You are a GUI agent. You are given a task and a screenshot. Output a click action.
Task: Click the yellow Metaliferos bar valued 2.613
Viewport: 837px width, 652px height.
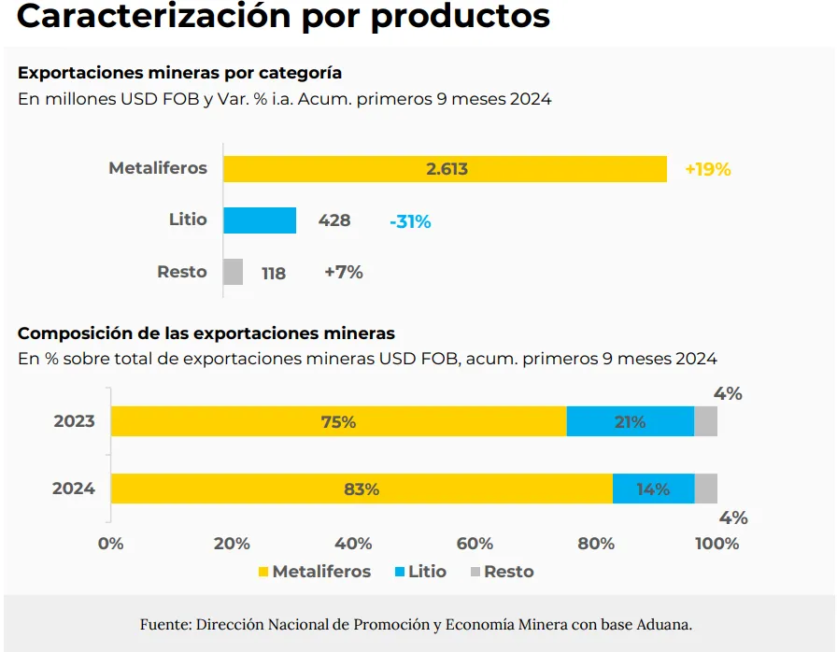[445, 169]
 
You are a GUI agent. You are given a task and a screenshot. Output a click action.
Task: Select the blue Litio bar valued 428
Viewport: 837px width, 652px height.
[260, 220]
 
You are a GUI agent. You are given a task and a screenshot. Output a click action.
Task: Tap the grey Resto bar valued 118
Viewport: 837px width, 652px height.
[234, 272]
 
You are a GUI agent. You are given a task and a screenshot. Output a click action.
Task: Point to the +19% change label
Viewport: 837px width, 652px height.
[707, 169]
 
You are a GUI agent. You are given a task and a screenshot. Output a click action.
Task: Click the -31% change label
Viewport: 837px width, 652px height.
[410, 221]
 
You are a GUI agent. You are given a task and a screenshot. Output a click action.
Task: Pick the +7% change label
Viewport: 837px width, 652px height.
[343, 273]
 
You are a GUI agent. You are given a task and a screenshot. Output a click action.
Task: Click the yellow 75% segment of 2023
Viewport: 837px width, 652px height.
[338, 421]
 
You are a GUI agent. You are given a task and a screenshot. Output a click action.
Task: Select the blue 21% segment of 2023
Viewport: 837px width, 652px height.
[630, 421]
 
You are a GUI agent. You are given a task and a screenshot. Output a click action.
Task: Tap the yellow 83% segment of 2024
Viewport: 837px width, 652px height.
[362, 489]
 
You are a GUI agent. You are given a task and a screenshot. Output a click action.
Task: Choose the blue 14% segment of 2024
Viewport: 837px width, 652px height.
[653, 489]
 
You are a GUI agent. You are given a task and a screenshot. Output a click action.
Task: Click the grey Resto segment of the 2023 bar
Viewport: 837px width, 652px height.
[705, 421]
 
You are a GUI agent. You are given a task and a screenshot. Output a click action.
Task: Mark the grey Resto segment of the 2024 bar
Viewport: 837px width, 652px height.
[705, 489]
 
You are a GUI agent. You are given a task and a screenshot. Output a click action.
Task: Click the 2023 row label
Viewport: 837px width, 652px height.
[74, 421]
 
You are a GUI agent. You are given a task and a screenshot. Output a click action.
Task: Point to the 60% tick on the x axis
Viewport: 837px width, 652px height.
[475, 544]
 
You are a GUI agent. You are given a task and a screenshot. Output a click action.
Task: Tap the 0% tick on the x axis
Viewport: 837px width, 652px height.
[111, 544]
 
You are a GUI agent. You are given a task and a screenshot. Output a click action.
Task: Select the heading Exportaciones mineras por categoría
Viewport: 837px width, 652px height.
[179, 72]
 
